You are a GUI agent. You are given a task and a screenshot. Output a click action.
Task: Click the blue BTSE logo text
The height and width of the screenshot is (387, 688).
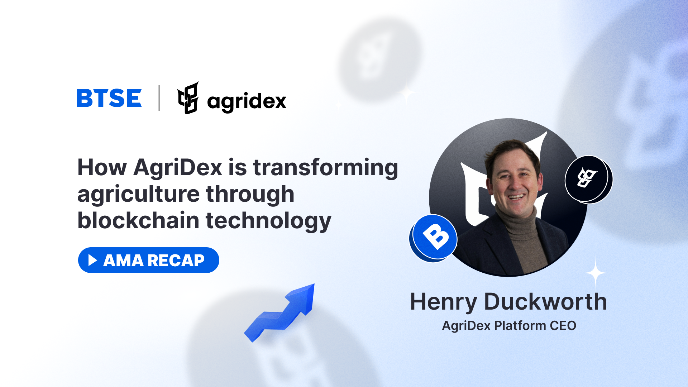109,98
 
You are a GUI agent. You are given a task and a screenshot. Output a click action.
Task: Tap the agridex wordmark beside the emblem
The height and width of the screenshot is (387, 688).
247,101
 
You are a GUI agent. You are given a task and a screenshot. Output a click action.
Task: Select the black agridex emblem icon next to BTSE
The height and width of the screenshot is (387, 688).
188,98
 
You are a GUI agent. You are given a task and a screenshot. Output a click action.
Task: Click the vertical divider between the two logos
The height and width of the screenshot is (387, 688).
159,98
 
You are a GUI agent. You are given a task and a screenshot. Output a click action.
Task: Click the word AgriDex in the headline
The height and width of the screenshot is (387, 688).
178,167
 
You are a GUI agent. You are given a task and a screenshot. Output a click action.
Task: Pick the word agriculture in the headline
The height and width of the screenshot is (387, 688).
138,194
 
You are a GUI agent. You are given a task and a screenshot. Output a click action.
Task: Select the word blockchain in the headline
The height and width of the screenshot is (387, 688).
138,220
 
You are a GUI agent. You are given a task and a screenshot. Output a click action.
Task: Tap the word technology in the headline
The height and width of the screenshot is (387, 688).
268,221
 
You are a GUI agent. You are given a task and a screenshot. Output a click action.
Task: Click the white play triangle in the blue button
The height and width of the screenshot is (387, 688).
92,260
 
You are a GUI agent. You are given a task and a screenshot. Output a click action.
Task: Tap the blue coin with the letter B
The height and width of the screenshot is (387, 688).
433,238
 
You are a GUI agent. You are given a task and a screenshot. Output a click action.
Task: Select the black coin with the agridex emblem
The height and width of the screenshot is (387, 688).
588,180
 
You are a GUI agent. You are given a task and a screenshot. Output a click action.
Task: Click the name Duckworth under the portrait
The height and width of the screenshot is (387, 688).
545,301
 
